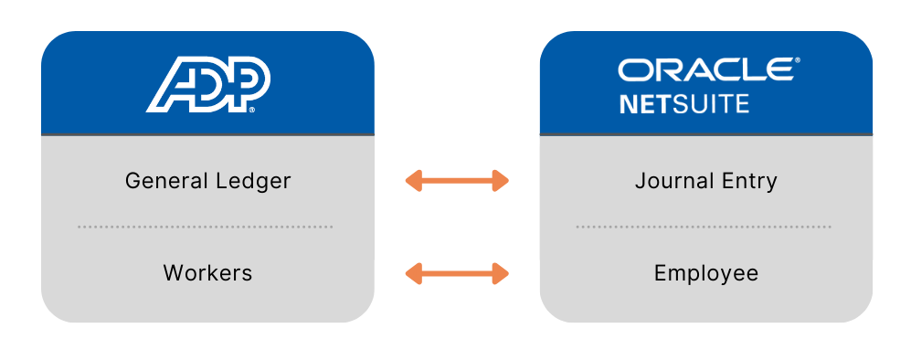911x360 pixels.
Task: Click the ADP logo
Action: point(207,84)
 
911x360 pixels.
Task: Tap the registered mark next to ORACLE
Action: point(797,62)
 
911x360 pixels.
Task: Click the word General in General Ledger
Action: point(163,181)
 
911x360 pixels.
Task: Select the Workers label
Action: point(207,272)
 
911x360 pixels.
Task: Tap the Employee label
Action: point(706,272)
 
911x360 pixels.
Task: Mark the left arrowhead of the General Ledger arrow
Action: point(414,181)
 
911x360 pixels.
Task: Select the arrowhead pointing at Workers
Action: point(414,272)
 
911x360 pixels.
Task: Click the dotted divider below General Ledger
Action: point(206,227)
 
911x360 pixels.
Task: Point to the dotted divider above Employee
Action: point(704,227)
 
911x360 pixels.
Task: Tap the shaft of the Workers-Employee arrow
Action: point(457,272)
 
